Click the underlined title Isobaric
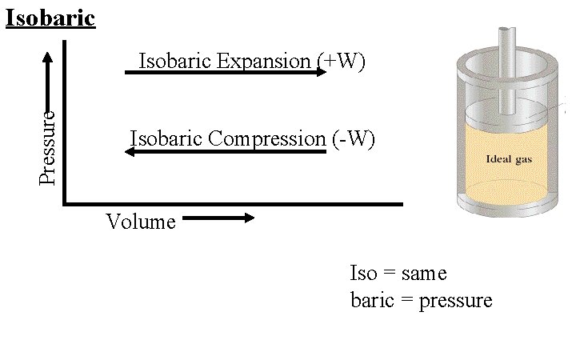click(x=50, y=17)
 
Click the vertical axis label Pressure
click(x=49, y=146)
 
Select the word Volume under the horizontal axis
click(x=140, y=222)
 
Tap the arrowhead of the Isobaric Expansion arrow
click(x=322, y=72)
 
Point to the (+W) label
click(x=342, y=61)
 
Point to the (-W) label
click(x=352, y=138)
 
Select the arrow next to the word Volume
click(x=218, y=217)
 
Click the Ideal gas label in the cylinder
click(x=509, y=158)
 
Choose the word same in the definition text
click(x=424, y=274)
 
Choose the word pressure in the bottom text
click(x=455, y=301)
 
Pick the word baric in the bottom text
click(x=373, y=301)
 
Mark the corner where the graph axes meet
click(x=64, y=203)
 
